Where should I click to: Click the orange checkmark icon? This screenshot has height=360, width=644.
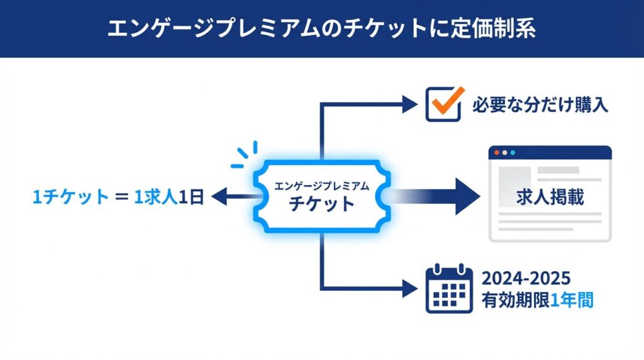[445, 103]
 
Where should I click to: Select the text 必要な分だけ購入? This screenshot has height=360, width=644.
[540, 104]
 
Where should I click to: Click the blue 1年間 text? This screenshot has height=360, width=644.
[572, 300]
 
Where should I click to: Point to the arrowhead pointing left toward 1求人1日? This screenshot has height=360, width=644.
[218, 198]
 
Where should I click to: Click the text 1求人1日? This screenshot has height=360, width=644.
[170, 198]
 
